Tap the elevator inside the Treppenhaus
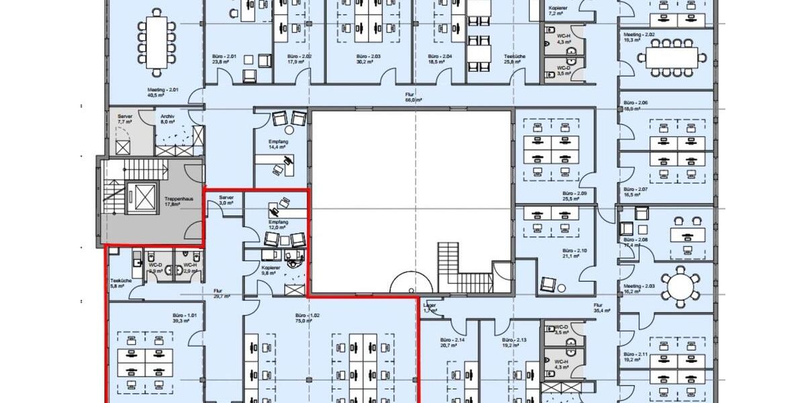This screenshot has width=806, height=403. [x=144, y=195]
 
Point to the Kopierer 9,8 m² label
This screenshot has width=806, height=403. [x=271, y=270]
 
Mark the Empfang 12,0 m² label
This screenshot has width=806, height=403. [x=278, y=224]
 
